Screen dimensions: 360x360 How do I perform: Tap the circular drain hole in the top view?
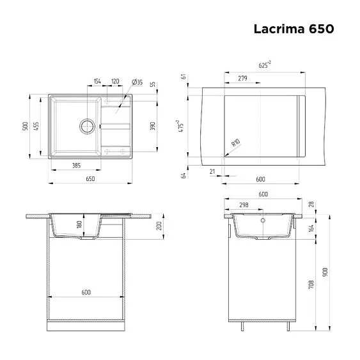(86, 125)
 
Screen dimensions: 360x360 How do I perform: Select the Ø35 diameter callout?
(136, 82)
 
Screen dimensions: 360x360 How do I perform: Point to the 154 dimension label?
(97, 82)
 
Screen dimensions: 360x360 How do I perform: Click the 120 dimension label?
(115, 82)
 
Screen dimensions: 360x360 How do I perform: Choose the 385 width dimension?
(75, 166)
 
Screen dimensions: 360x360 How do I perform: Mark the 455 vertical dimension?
(37, 126)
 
